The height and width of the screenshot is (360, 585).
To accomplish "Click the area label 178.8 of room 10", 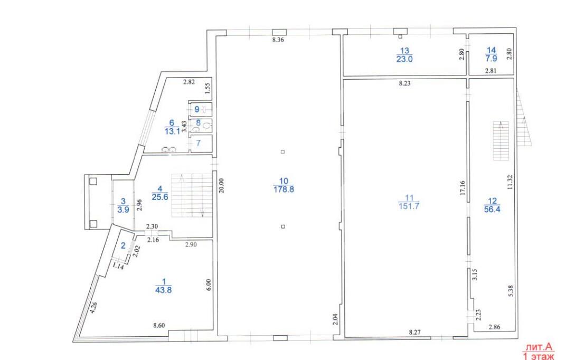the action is (x=284, y=185).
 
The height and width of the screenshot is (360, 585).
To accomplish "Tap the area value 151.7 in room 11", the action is (x=409, y=202).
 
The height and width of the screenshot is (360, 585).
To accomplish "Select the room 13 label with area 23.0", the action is (x=404, y=55).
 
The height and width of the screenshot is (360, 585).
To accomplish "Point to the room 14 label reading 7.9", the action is (x=492, y=54).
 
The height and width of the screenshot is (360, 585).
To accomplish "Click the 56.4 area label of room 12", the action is (x=492, y=205).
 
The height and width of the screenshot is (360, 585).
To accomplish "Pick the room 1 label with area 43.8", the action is (x=164, y=286).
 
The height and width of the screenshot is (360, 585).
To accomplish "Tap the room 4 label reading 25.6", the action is (x=159, y=193).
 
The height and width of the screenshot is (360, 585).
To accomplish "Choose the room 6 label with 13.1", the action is (x=172, y=127).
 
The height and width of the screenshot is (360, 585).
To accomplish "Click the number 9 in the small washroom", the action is (x=197, y=110).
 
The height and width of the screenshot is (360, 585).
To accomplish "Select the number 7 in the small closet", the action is (x=199, y=143).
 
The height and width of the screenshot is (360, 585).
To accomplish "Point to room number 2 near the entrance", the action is (x=123, y=245).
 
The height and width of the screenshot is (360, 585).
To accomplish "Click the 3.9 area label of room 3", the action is (x=123, y=205).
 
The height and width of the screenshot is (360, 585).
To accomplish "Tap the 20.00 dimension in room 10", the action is (x=221, y=185).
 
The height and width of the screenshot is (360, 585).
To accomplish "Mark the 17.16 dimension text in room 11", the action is (x=463, y=188).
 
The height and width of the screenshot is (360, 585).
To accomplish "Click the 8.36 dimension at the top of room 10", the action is (x=278, y=40).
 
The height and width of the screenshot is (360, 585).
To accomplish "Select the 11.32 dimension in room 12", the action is (x=510, y=183).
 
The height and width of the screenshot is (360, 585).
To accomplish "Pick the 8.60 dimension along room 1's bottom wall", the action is (x=159, y=325).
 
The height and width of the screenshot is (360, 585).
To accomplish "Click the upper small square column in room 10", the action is (x=283, y=151).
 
